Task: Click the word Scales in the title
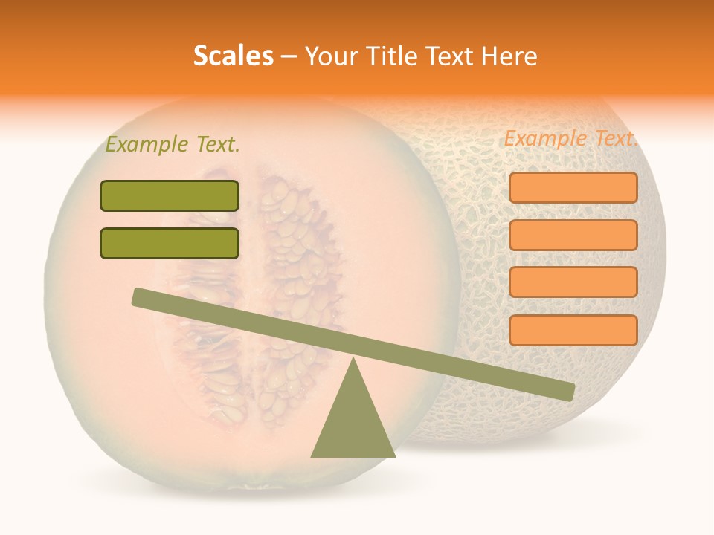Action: click(x=233, y=56)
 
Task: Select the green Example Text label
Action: click(x=173, y=145)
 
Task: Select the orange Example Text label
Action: click(x=570, y=138)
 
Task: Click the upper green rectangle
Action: click(x=170, y=196)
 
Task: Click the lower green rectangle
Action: click(x=170, y=243)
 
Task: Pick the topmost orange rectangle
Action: click(x=573, y=187)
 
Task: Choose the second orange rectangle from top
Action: click(x=573, y=235)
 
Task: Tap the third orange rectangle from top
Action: click(x=573, y=282)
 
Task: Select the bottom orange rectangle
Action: click(x=573, y=330)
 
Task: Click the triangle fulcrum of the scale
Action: click(x=353, y=424)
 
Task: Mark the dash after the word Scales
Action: click(x=289, y=56)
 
